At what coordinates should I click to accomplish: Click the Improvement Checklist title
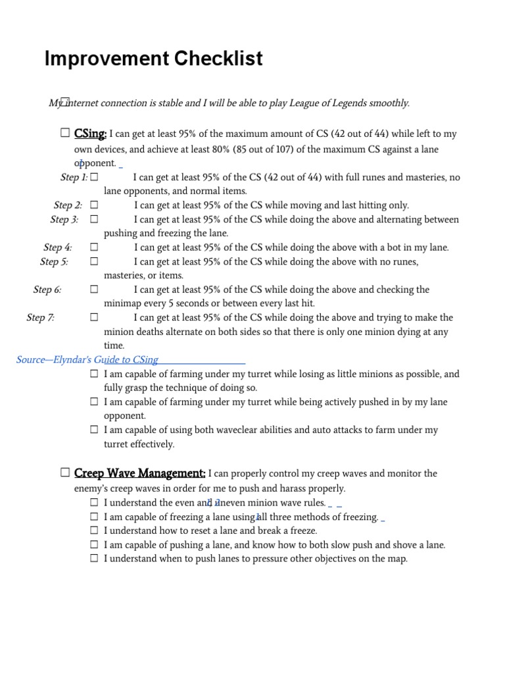pyautogui.click(x=153, y=59)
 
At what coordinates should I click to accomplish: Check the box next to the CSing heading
pyautogui.click(x=65, y=133)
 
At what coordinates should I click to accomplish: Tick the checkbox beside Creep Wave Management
pyautogui.click(x=65, y=472)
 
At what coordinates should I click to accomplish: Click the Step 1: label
pyautogui.click(x=74, y=177)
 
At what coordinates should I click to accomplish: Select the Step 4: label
pyautogui.click(x=57, y=247)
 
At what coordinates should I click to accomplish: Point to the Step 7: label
pyautogui.click(x=40, y=318)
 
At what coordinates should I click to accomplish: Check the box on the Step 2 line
pyautogui.click(x=95, y=205)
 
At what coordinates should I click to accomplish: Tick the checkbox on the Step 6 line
pyautogui.click(x=95, y=290)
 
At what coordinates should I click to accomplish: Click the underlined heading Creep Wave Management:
pyautogui.click(x=140, y=473)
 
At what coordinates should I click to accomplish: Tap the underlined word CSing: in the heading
pyautogui.click(x=91, y=134)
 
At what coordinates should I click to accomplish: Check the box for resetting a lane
pyautogui.click(x=95, y=530)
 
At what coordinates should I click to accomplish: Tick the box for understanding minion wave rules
pyautogui.click(x=95, y=502)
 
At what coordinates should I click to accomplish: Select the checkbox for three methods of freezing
pyautogui.click(x=95, y=516)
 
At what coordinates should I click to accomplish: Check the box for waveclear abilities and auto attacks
pyautogui.click(x=95, y=429)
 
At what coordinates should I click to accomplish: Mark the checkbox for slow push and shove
pyautogui.click(x=95, y=544)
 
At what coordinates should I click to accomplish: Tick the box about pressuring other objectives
pyautogui.click(x=95, y=558)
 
